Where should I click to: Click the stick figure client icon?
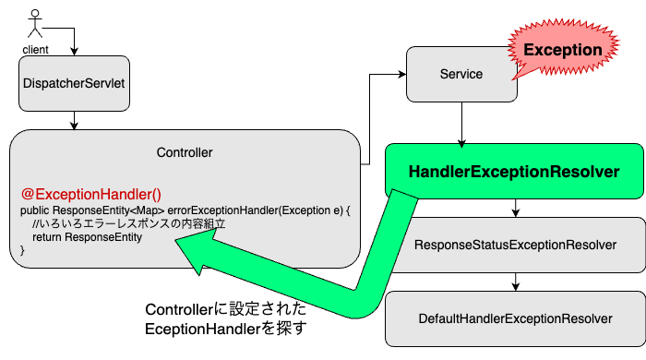36,24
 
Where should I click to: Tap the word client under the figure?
36,49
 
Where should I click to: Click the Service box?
461,74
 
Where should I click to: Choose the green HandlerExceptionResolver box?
513,172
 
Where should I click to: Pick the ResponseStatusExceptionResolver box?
515,245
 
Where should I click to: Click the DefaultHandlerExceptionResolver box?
515,318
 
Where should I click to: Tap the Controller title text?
185,151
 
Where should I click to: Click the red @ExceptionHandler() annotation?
90,194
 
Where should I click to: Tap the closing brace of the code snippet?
23,250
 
